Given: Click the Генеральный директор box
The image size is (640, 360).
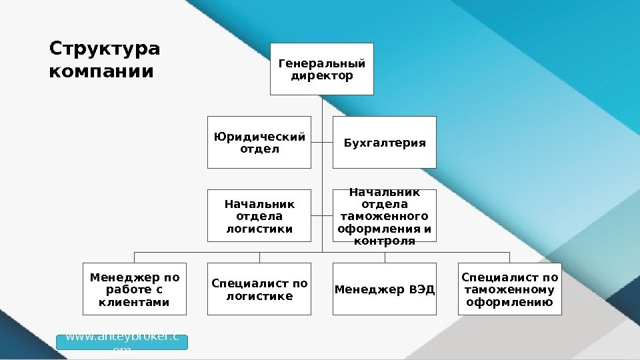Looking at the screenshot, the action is [321, 69].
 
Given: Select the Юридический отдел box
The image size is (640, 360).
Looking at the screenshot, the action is [259, 142].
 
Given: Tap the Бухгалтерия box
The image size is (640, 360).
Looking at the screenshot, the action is [385, 142].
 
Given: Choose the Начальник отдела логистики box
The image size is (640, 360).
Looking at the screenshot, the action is [259, 215].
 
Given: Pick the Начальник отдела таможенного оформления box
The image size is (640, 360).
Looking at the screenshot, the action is [385, 215].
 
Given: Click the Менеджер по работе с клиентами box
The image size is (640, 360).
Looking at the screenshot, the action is [134, 289].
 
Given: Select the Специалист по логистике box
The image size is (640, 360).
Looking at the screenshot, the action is [259, 289].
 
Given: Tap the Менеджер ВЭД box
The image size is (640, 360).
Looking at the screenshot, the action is [385, 289].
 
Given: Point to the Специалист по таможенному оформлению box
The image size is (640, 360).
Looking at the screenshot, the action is [510, 289].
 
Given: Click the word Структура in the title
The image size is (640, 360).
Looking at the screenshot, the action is [105, 49].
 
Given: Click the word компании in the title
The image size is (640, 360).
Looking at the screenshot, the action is [101, 70].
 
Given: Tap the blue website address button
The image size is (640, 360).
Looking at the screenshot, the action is [122, 342].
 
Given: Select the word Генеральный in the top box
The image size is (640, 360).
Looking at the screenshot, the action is [321, 64].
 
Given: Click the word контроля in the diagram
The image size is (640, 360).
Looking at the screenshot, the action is [385, 241].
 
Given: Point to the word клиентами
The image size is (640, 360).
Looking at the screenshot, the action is [134, 302].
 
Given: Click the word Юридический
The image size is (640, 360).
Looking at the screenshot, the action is [259, 137].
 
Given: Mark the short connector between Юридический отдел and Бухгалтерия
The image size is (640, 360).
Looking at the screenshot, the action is [322, 142].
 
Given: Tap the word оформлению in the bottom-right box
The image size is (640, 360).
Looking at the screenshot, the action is [510, 302].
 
